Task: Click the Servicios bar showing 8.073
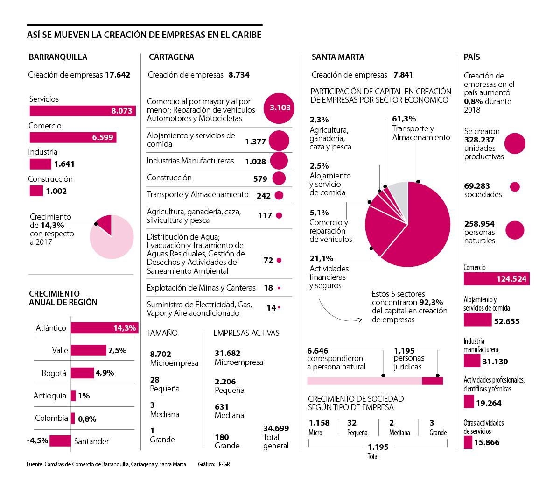pyautogui.click(x=82, y=111)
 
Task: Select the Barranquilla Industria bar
pyautogui.click(x=40, y=164)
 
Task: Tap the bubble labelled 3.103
pyautogui.click(x=280, y=108)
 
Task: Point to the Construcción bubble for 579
pyautogui.click(x=279, y=178)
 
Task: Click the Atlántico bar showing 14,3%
pyautogui.click(x=105, y=328)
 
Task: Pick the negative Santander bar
pyautogui.click(x=60, y=440)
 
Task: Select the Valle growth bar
pyautogui.click(x=89, y=350)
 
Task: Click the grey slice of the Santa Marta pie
pyautogui.click(x=399, y=191)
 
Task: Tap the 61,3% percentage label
pyautogui.click(x=404, y=119)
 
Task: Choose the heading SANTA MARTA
pyautogui.click(x=338, y=57)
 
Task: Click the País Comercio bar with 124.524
pyautogui.click(x=496, y=279)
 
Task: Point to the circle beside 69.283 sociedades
pyautogui.click(x=515, y=187)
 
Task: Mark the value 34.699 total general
pyautogui.click(x=276, y=428)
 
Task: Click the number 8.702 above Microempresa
pyautogui.click(x=161, y=354)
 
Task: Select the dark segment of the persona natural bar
pyautogui.click(x=432, y=381)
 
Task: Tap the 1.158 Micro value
pyautogui.click(x=319, y=423)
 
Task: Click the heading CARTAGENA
pyautogui.click(x=171, y=57)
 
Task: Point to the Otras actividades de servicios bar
pyautogui.click(x=468, y=442)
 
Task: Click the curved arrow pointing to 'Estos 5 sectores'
pyautogui.click(x=336, y=315)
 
